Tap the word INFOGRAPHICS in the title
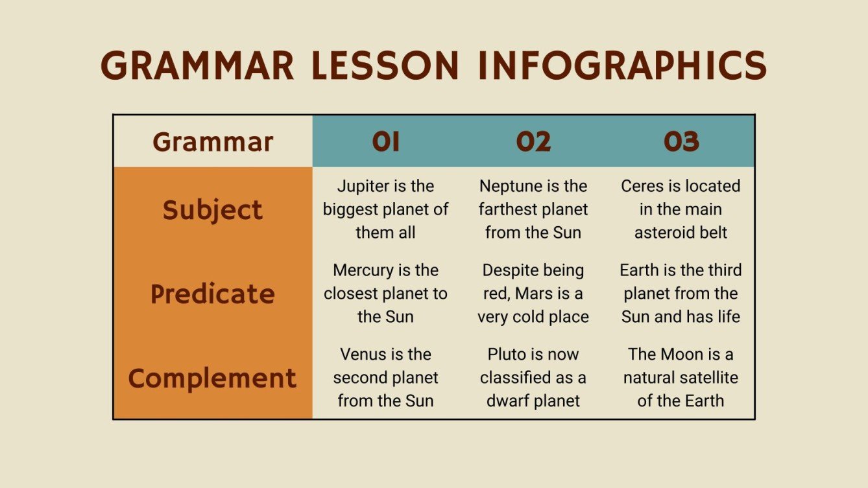622,66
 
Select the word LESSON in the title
385,66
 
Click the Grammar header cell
213,142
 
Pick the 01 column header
385,142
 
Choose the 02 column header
533,142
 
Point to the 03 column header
681,142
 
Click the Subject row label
213,210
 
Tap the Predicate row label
213,294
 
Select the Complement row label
213,378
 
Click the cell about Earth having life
681,294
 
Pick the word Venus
363,354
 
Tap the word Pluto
507,354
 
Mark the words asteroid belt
681,233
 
